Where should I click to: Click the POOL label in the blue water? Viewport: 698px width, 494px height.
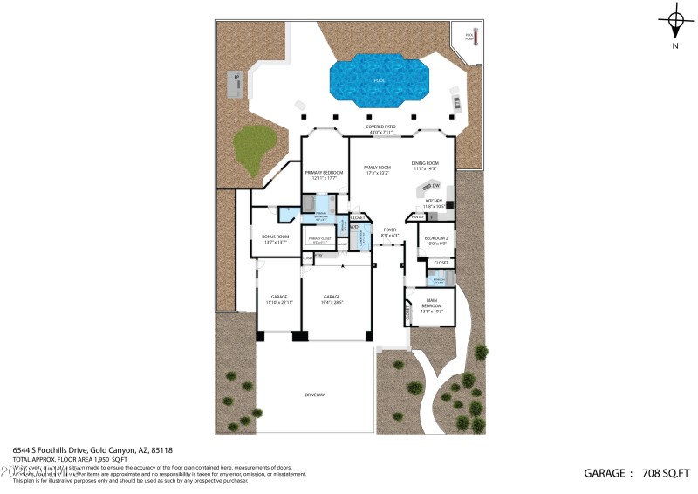coord(378,81)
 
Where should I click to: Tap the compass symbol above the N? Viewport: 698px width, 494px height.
coord(674,20)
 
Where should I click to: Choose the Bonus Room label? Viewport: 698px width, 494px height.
coord(275,237)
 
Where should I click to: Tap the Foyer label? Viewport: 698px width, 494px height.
coord(388,230)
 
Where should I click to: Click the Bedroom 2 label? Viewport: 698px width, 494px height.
coord(435,238)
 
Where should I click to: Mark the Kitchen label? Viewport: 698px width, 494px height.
coord(434,201)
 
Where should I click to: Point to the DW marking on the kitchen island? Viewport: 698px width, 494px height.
coord(435,186)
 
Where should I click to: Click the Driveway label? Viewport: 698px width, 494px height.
coord(314,395)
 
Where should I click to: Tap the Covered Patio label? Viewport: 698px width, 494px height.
coord(380,127)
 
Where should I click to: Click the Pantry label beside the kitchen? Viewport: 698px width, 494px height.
coord(417,216)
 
